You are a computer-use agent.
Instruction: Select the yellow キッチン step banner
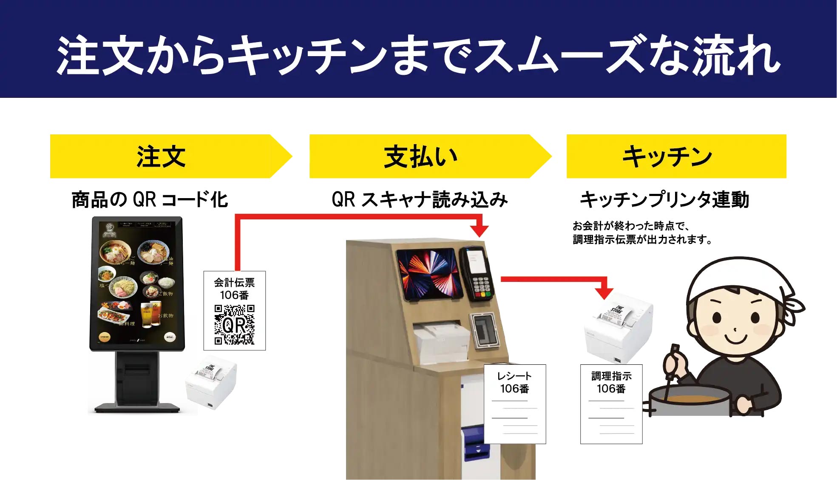676,156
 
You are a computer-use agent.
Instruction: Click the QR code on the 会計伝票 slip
234,324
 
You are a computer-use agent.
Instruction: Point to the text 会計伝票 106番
234,289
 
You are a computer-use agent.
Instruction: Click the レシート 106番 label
514,382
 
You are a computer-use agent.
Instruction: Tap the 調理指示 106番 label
611,382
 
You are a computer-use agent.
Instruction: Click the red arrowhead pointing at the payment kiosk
480,230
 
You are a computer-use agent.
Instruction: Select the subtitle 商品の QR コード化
150,199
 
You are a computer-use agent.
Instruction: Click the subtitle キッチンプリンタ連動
664,199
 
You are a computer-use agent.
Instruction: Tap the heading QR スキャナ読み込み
420,199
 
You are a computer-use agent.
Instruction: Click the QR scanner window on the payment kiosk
483,329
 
